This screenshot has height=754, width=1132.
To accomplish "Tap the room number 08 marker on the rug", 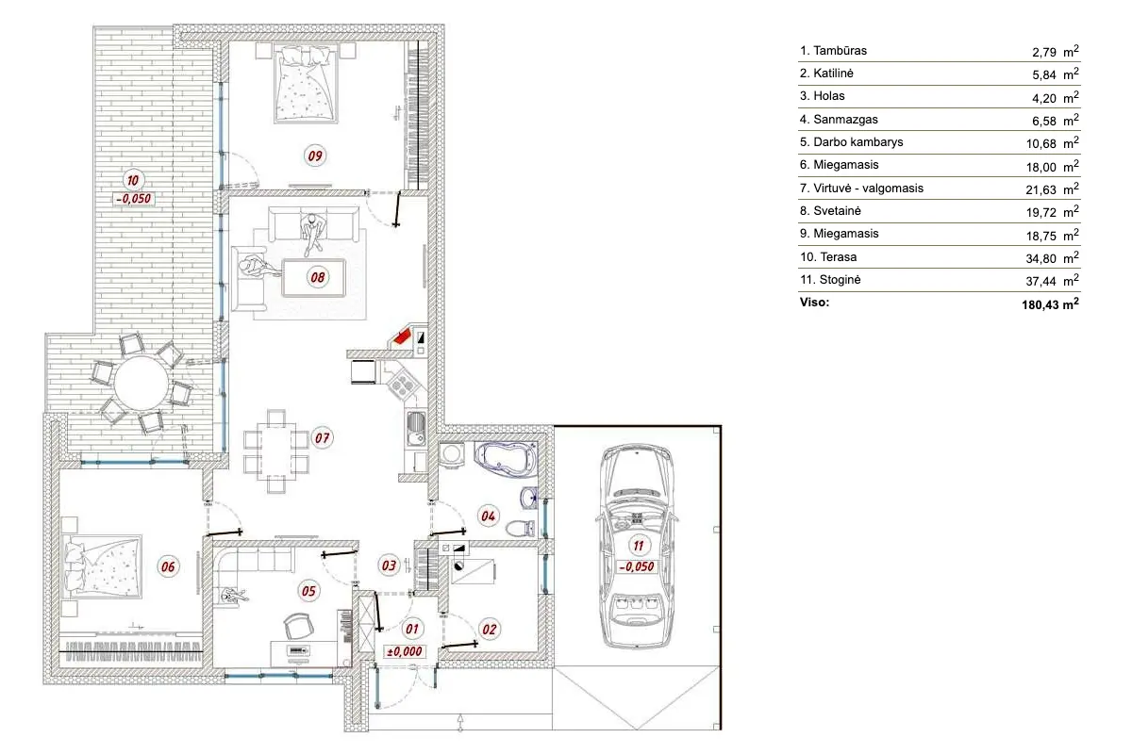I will tap(317, 277).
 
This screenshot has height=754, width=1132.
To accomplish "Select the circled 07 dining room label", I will tap(322, 437).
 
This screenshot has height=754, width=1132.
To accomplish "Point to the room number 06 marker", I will tap(169, 566).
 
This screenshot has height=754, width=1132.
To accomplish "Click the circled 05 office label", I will tap(309, 591).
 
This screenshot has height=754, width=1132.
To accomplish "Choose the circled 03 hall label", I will tap(388, 565).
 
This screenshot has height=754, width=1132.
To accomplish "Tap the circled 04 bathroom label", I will tap(489, 516).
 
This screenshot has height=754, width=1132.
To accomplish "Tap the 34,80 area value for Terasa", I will tap(1047, 256).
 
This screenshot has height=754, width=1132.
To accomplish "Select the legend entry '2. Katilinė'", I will tap(826, 74).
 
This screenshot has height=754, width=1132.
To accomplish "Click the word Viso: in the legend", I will tap(814, 303).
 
